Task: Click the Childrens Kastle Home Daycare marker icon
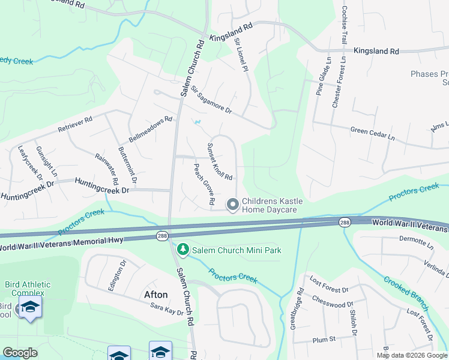(x=234, y=205)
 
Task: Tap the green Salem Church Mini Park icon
(x=182, y=249)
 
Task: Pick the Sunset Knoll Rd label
(x=219, y=161)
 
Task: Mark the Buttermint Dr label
(x=128, y=165)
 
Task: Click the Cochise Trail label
(x=345, y=25)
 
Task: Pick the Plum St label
(x=324, y=340)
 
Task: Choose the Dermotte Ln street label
(x=416, y=241)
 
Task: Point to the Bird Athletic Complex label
(x=28, y=288)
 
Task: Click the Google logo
(x=20, y=353)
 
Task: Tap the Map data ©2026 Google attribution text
(x=412, y=355)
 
